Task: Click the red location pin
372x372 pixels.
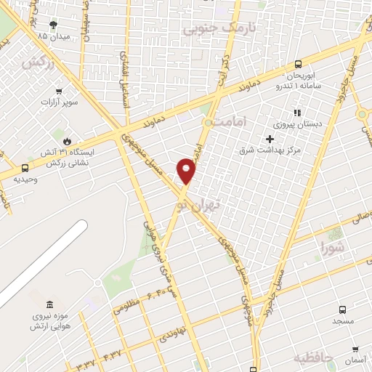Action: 187,170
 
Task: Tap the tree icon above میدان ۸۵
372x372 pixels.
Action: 53,24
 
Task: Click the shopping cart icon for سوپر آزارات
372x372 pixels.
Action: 59,92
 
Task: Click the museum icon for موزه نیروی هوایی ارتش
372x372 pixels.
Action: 49,304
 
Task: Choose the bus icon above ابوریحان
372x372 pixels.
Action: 299,64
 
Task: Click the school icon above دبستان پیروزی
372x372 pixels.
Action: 296,113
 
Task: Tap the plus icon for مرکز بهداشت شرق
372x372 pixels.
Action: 270,139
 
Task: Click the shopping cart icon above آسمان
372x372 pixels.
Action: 355,349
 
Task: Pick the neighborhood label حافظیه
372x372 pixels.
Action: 313,358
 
